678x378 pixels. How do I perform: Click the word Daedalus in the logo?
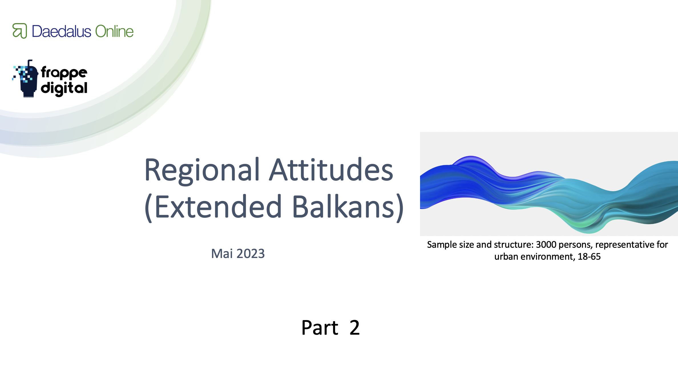point(62,31)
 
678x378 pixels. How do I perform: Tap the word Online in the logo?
point(114,31)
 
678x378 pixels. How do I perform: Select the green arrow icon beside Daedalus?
point(20,31)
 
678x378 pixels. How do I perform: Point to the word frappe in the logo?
point(64,72)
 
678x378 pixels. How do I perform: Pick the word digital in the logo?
point(64,88)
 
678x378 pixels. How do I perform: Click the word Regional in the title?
point(202,170)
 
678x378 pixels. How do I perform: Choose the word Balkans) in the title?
point(348,207)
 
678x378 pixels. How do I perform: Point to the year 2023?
point(251,254)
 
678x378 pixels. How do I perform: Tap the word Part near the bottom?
point(320,328)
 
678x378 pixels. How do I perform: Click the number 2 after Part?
point(355,328)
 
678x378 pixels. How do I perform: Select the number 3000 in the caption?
point(546,245)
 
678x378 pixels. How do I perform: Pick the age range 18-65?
point(589,257)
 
